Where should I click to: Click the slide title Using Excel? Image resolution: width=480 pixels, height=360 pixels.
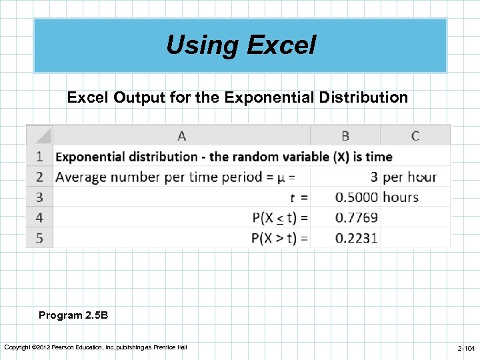(x=241, y=45)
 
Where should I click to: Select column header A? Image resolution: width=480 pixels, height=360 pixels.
(x=181, y=136)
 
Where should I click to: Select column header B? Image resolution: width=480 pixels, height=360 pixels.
(x=345, y=136)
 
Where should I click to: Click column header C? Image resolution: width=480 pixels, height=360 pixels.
(x=415, y=136)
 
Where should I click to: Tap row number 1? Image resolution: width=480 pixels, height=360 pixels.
(x=39, y=157)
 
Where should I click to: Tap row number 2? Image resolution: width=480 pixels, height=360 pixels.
(x=39, y=177)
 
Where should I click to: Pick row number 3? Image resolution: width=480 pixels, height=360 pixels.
(x=39, y=197)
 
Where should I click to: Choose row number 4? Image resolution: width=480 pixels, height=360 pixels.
(x=39, y=217)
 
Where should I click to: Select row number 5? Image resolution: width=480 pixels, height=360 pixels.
(x=39, y=238)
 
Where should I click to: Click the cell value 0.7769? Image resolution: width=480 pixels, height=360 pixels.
(x=356, y=217)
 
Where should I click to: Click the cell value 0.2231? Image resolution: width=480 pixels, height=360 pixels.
(x=356, y=238)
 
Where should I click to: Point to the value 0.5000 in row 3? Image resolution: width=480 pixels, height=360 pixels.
(x=356, y=197)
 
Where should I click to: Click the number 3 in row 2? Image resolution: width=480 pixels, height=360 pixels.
(x=374, y=177)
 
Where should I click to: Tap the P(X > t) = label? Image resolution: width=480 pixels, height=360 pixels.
(x=280, y=238)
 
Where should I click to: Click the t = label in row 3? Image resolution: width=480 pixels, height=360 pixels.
(x=299, y=197)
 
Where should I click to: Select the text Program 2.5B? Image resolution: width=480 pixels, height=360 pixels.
(x=69, y=315)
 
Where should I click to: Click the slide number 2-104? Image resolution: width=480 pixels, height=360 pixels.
(x=465, y=349)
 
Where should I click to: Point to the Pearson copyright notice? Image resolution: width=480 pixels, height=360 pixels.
(x=95, y=347)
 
